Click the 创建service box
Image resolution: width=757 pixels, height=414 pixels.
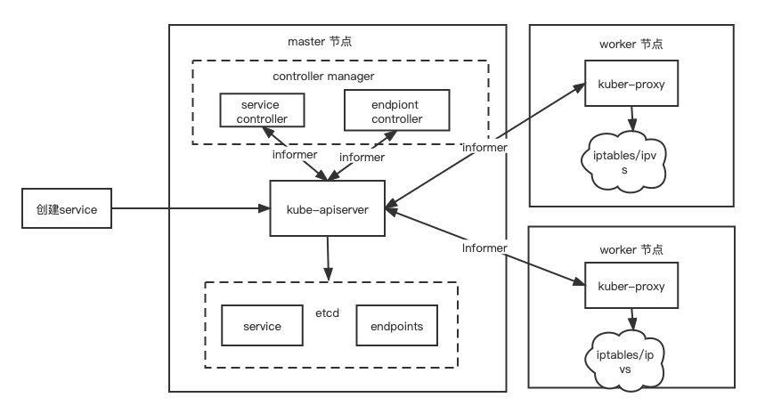coord(67,210)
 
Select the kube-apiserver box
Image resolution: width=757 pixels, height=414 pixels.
coord(328,208)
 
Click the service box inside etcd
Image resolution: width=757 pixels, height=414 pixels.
coord(262,326)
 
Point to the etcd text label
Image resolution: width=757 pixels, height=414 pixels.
coord(327,313)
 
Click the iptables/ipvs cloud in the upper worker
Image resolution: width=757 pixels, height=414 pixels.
coord(631,162)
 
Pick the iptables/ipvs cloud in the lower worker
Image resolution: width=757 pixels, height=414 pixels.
coord(631,361)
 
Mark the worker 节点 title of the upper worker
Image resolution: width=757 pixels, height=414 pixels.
coord(631,44)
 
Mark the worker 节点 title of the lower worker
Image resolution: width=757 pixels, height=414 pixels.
coord(631,250)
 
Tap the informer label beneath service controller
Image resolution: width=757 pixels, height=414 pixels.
coord(295,155)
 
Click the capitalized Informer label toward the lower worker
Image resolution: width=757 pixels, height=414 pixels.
coord(484,248)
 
